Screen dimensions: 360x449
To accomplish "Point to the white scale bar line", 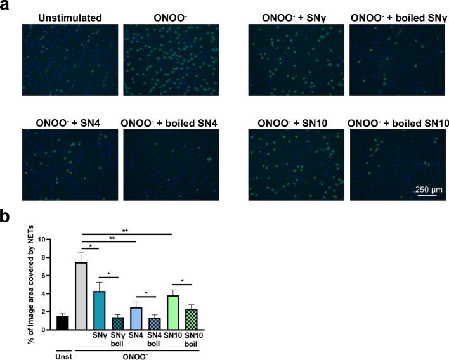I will point(429,196).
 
